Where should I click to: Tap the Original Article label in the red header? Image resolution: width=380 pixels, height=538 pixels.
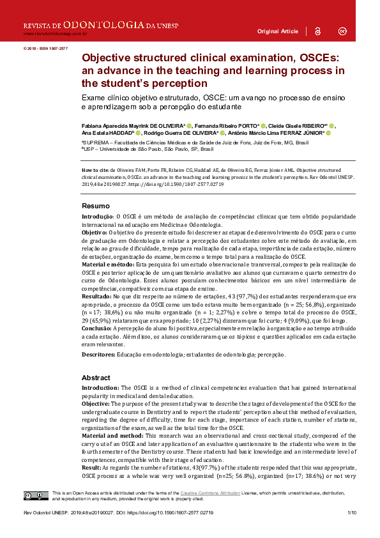tap(277, 31)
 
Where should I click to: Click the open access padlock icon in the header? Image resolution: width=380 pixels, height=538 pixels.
tap(318, 31)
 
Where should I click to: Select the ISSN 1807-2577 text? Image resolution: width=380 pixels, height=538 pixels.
tap(55, 48)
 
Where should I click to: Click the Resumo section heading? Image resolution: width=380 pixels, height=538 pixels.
tap(96, 206)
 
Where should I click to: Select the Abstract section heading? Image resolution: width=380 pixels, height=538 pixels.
tap(96, 378)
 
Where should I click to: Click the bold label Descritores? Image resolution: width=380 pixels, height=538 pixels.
tap(102, 355)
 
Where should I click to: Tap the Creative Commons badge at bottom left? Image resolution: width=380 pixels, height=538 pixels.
tap(36, 496)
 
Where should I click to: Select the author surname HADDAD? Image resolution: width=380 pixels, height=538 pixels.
tap(120, 133)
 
